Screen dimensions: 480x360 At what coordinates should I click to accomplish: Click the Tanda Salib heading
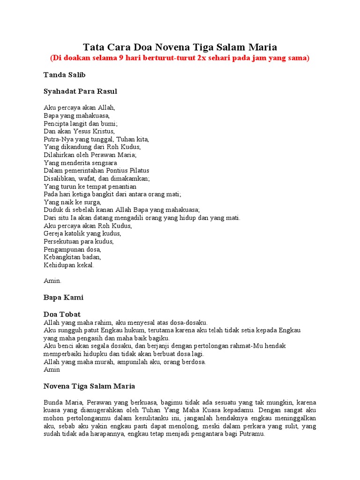64,75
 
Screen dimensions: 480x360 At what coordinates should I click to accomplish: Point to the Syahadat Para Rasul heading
80,91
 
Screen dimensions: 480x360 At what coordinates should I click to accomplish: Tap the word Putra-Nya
59,139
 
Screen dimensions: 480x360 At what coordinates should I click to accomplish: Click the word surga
92,202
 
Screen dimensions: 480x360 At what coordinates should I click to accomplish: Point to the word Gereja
53,233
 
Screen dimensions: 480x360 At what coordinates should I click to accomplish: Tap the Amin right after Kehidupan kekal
52,281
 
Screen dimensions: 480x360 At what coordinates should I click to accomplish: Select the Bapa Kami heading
63,298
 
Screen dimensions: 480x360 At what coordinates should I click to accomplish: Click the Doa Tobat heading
62,315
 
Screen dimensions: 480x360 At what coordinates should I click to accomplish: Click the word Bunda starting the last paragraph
53,403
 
